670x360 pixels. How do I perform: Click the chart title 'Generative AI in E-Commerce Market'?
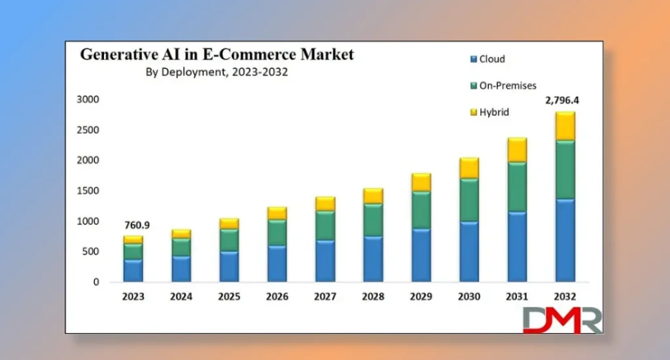[x=217, y=55]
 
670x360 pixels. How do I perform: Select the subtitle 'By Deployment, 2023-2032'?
[x=217, y=73]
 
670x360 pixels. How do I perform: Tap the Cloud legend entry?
[x=491, y=59]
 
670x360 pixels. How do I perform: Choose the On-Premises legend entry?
[x=507, y=86]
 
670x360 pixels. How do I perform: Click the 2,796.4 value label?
[x=562, y=101]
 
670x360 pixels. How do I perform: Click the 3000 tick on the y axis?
[x=87, y=99]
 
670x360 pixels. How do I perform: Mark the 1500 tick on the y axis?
[x=87, y=191]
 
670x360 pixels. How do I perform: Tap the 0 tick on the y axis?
[x=96, y=282]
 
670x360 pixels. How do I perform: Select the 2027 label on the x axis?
[x=325, y=297]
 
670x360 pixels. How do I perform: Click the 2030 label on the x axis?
[x=468, y=297]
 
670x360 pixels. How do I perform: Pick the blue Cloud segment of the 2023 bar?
[x=133, y=270]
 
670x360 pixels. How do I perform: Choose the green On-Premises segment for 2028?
[x=372, y=220]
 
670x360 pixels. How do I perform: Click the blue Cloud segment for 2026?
[x=277, y=263]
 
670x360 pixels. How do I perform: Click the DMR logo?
[x=562, y=320]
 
